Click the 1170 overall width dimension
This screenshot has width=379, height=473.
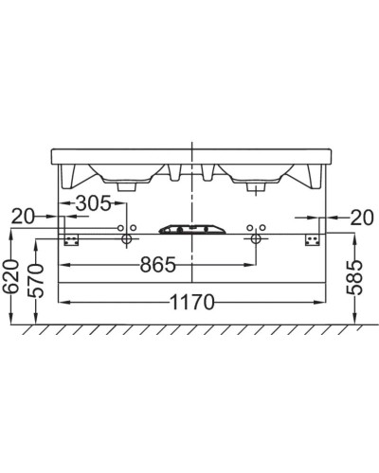pos(193,303)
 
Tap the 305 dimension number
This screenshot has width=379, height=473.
pos(92,203)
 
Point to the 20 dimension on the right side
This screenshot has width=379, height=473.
pos(360,217)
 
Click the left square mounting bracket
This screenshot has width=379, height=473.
pos(69,240)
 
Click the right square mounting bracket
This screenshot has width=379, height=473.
pos(311,240)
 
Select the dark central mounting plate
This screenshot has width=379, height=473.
pos(192,229)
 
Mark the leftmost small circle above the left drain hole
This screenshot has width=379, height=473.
pos(119,228)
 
